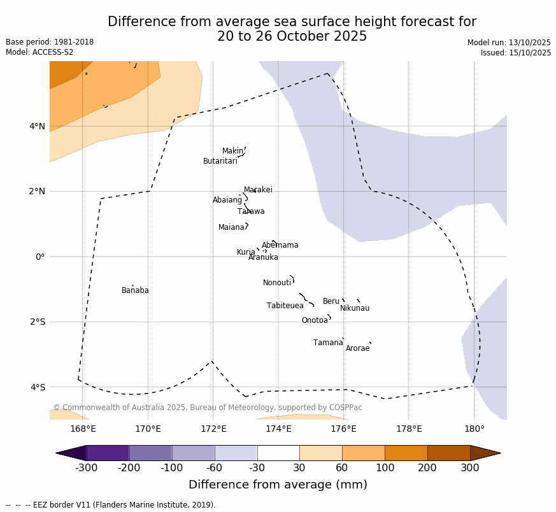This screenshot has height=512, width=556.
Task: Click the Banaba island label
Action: click(x=135, y=290)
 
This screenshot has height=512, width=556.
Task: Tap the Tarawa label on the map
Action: click(x=251, y=211)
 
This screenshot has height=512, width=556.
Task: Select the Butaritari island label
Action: click(x=220, y=161)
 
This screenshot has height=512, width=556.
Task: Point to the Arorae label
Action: click(x=357, y=348)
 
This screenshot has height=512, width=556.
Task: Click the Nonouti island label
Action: click(x=277, y=283)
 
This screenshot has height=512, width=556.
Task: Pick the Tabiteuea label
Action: click(x=285, y=306)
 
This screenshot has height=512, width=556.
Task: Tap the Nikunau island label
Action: click(x=355, y=308)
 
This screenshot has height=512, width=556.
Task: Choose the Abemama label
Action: click(x=280, y=245)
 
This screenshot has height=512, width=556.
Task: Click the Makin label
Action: click(x=232, y=151)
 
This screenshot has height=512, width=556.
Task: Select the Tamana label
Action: click(x=328, y=343)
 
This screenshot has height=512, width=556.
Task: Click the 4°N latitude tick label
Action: click(x=38, y=126)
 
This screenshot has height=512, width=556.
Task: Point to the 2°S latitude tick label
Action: click(x=38, y=322)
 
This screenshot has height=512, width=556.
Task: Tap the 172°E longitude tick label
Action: click(x=213, y=429)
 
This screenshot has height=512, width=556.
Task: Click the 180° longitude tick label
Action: click(x=474, y=429)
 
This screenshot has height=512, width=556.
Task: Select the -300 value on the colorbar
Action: click(x=86, y=469)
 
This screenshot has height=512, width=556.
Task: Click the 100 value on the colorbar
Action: click(x=385, y=469)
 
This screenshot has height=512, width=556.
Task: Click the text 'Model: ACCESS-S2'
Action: click(x=39, y=52)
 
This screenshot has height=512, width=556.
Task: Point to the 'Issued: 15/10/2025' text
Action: click(x=516, y=53)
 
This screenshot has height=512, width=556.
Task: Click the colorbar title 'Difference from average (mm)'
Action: click(x=278, y=485)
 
